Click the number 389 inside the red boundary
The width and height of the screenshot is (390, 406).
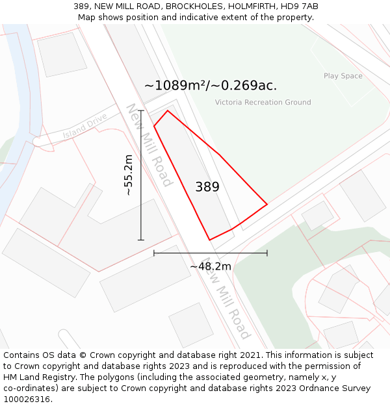207,187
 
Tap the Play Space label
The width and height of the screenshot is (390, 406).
343,76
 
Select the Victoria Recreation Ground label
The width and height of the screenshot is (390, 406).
263,102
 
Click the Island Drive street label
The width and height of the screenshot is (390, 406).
84,128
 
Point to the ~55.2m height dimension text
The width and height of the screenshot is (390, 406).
129,175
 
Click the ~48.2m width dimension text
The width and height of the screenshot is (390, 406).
210,266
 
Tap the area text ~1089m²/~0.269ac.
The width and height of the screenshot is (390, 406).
211,85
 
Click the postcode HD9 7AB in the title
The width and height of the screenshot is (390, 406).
301,6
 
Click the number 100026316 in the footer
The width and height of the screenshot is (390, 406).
27,400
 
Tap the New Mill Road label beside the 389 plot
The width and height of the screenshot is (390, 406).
149,145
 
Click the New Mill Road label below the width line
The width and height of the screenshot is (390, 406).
226,303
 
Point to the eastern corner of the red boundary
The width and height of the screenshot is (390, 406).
267,205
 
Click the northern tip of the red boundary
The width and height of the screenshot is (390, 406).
168,111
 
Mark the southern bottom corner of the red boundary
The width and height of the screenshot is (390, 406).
209,240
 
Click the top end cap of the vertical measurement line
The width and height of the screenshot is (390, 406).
141,111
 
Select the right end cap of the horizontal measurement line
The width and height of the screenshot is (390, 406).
267,253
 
